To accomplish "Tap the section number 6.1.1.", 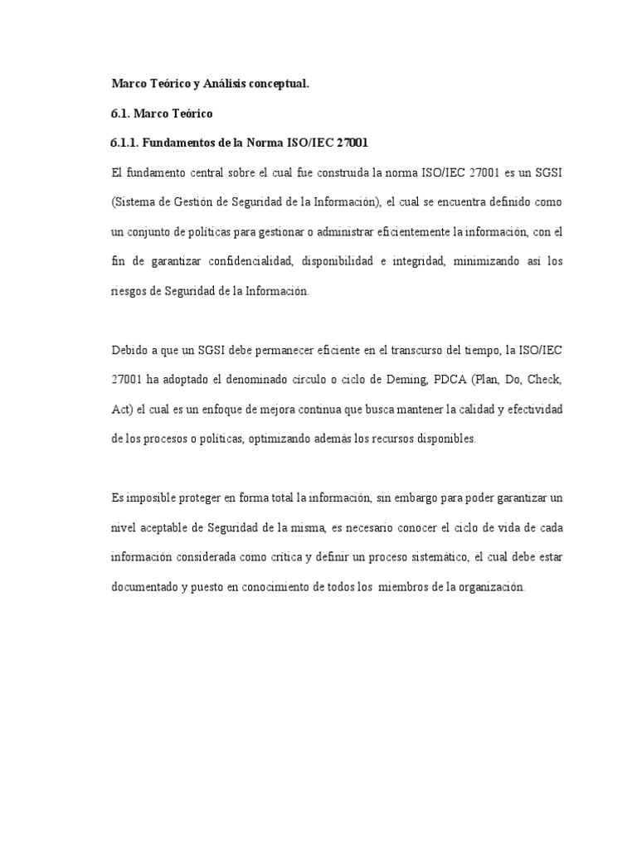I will pos(124,143).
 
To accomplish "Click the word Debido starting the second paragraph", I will pos(129,351).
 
